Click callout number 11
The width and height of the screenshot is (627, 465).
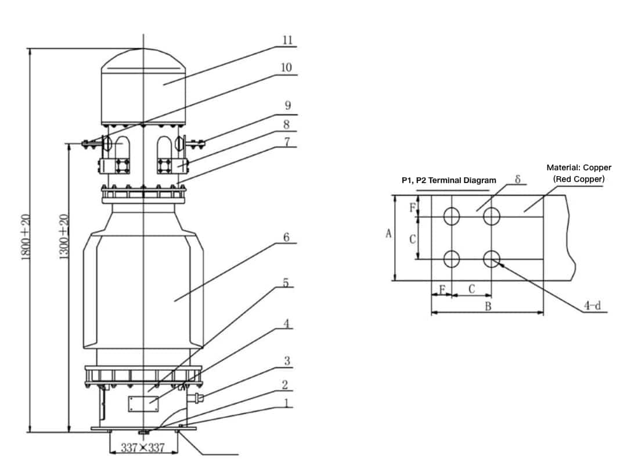(287, 40)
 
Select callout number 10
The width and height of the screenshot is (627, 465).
(286, 67)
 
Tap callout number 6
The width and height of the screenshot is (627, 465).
(286, 238)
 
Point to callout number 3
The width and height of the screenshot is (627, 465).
(286, 361)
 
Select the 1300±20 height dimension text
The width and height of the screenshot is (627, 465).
(64, 237)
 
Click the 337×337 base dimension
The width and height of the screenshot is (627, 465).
(143, 448)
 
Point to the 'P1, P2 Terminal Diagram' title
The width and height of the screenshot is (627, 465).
(449, 180)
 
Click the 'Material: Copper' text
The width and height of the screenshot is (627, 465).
(579, 167)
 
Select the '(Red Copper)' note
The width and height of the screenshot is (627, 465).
(579, 179)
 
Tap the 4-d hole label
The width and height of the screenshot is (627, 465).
(592, 305)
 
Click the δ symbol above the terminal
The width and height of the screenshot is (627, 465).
(517, 178)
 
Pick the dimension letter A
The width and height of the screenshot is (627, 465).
(389, 234)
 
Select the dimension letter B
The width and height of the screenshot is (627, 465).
(488, 306)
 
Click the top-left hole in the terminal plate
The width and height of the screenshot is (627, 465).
(452, 217)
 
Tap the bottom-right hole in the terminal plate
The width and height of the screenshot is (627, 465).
(492, 257)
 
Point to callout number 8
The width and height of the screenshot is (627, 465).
(287, 124)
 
